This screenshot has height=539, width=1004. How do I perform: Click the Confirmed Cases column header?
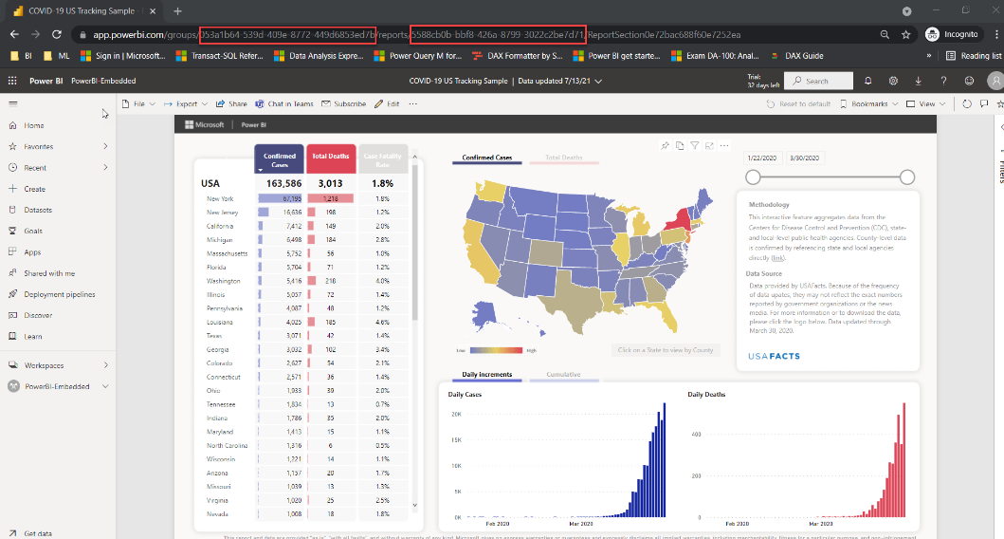[x=279, y=159]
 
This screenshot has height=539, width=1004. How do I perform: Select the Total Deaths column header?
[x=331, y=157]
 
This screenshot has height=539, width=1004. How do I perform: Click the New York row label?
[x=220, y=198]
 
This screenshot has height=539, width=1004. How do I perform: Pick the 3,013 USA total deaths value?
[x=331, y=183]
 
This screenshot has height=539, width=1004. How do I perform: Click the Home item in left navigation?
[x=34, y=125]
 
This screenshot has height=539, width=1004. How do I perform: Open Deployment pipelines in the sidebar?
[x=58, y=294]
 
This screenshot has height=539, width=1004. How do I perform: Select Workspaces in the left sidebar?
[x=44, y=365]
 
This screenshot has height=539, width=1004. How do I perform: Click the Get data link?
[x=38, y=533]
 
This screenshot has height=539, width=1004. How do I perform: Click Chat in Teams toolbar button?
[x=284, y=103]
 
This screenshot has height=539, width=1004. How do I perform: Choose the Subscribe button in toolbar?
[x=344, y=103]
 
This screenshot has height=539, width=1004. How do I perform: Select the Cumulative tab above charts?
[x=563, y=375]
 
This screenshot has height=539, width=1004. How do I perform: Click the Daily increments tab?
[x=486, y=375]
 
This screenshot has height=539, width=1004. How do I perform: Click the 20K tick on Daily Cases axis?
[x=455, y=414]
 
